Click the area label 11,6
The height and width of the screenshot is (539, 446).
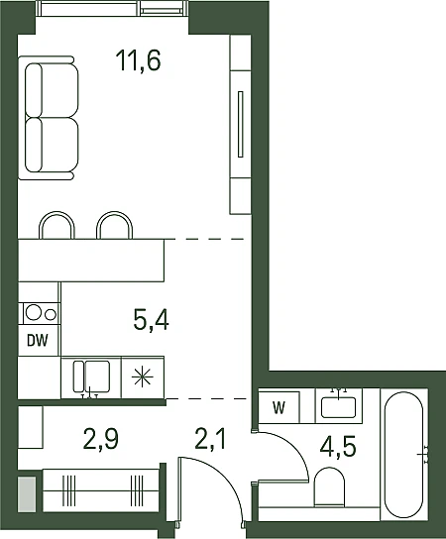coord(138,60)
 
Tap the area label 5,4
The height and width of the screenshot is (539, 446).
coord(151,320)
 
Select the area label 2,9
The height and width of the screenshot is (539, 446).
coord(101,439)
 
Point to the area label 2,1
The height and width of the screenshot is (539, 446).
coord(210,439)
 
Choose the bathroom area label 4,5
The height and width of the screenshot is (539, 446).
coord(338,447)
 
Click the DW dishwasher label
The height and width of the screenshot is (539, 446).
coord(38,341)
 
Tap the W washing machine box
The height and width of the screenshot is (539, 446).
coord(279,407)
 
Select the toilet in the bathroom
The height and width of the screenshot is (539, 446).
coord(329,486)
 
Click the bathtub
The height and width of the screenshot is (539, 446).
coord(403,455)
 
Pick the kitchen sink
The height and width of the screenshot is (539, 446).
coord(91,377)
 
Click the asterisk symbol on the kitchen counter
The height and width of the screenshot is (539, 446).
coord(143,377)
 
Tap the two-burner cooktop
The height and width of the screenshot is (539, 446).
coord(41,313)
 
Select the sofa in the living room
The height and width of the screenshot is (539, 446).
coord(49,118)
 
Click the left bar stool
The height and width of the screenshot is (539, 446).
coord(56,225)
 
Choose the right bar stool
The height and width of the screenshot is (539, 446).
coord(115,225)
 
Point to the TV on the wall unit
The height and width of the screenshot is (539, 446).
coord(241,124)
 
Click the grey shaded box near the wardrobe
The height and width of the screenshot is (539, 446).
coord(27,493)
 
